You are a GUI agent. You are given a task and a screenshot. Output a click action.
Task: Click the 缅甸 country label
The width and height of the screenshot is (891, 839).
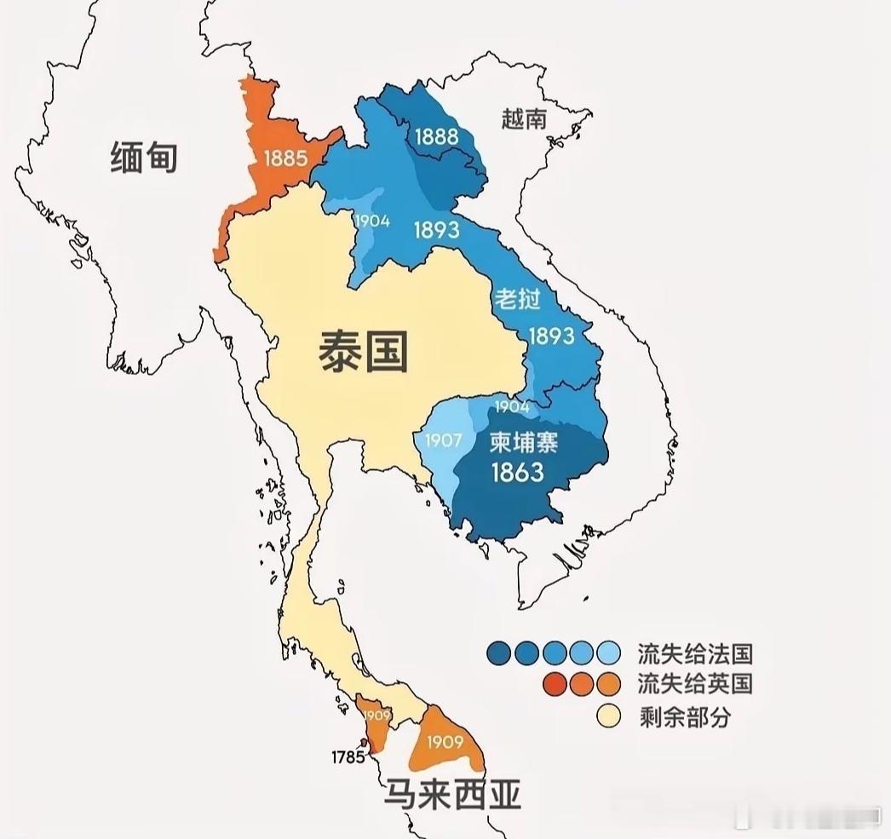144,158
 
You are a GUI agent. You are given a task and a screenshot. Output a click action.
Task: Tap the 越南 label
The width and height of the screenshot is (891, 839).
524,119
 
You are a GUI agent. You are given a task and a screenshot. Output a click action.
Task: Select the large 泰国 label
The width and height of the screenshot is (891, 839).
364,350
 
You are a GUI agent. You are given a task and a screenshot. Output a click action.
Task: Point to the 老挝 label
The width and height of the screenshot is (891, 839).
517,299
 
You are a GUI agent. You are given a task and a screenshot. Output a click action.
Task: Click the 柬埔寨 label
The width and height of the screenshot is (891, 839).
523,443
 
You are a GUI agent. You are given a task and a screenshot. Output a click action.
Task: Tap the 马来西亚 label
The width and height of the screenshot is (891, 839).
451,795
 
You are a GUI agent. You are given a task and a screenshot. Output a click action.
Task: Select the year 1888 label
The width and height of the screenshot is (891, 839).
436,137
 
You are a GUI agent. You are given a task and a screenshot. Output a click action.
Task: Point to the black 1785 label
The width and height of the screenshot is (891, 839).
349,756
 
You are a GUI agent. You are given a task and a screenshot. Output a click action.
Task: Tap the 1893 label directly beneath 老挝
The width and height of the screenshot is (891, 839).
551,336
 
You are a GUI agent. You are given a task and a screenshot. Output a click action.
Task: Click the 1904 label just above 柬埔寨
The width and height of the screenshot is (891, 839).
512,408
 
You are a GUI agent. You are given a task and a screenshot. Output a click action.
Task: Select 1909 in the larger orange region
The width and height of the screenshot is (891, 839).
445,742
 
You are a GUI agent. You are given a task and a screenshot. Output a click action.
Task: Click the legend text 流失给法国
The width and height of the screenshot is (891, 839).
695,654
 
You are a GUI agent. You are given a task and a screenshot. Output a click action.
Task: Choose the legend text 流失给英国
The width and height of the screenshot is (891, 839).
695,683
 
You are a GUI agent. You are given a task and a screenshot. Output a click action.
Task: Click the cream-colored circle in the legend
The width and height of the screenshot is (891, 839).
608,715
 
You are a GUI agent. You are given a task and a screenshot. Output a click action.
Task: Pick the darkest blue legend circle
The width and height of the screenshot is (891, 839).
499,653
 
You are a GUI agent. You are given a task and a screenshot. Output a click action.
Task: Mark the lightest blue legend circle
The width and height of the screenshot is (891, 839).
608,653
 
